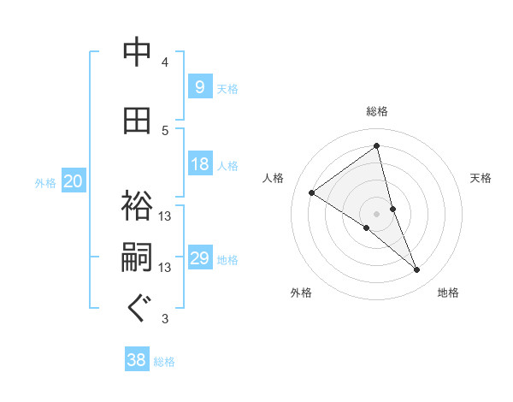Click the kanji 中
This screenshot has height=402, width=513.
click(137, 53)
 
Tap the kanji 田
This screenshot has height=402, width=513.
click(137, 121)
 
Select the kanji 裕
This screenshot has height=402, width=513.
click(137, 207)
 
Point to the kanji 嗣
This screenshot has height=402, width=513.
click(137, 258)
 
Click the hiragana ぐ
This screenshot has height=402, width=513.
click(137, 309)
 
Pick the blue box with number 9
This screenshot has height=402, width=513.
click(199, 86)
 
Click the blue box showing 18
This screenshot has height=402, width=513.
click(199, 164)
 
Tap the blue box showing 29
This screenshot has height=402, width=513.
click(199, 258)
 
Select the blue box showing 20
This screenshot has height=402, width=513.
click(74, 181)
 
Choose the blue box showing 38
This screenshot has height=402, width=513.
click(137, 360)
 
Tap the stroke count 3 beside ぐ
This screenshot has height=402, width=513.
click(165, 319)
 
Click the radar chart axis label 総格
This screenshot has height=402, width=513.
click(377, 111)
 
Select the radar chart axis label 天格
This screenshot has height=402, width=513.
click(481, 178)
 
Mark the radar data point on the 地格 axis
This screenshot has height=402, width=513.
click(417, 270)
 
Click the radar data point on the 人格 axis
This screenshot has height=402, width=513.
click(312, 192)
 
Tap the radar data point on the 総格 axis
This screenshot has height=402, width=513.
click(377, 146)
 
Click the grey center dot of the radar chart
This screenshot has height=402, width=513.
click(377, 213)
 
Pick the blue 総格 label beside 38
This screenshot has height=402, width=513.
click(164, 362)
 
